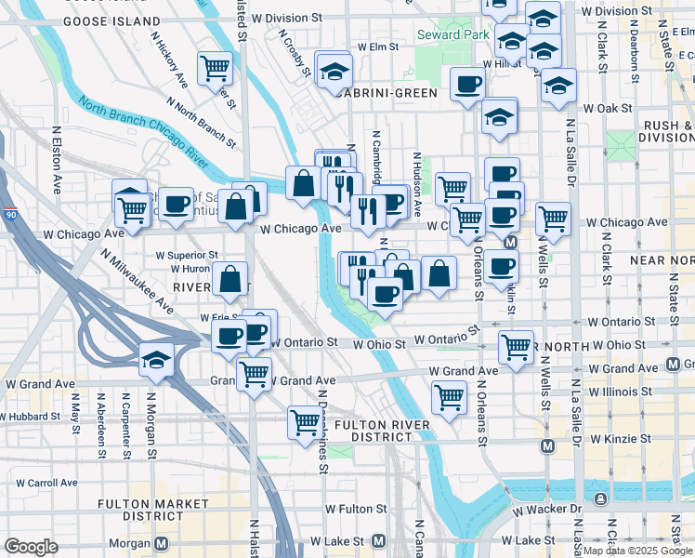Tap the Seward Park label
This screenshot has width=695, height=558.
click(452, 35)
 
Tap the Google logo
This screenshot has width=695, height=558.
click(31, 547)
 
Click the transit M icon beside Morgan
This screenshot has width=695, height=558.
click(162, 542)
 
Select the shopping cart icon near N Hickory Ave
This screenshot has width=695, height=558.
click(214, 67)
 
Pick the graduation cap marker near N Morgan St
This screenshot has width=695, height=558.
click(155, 359)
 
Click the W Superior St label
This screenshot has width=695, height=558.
click(187, 254)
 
